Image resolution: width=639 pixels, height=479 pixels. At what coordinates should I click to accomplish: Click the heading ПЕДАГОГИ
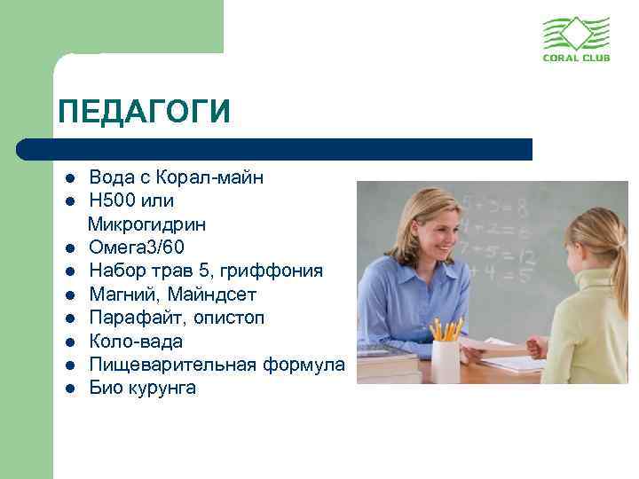point(143,113)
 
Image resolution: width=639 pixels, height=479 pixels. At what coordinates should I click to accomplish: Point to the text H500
point(112,200)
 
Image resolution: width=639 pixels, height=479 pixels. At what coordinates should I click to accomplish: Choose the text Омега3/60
point(138,247)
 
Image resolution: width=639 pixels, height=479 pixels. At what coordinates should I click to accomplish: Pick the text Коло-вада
point(136,341)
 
